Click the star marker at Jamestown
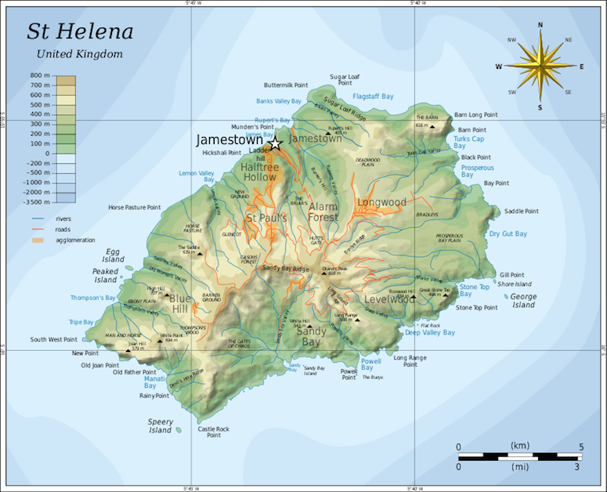pos(274,143)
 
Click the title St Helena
pos(80,32)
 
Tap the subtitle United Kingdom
pos(79,54)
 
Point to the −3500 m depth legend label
pos(38,201)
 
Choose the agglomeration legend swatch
pos(39,240)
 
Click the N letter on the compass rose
pos(540,25)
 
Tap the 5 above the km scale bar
pos(580,447)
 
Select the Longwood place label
pos(382,203)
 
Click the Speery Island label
pos(160,426)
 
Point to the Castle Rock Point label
pos(213,432)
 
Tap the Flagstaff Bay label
pos(373,96)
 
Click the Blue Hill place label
pos(180,303)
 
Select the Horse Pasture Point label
pos(134,208)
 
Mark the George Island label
pos(523,301)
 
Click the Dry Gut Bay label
pos(508,234)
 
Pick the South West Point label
pos(54,339)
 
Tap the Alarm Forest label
pos(323,212)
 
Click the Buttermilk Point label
pos(286,85)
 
